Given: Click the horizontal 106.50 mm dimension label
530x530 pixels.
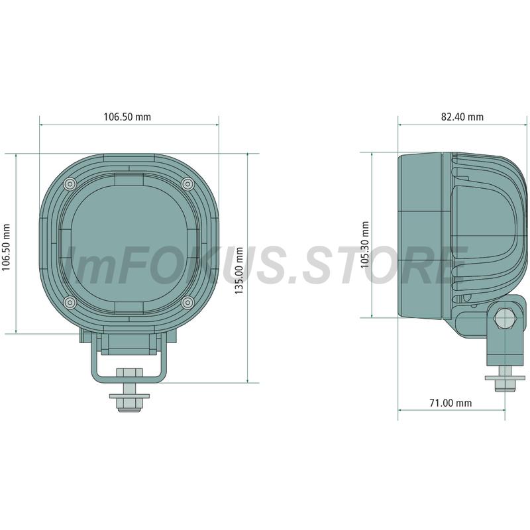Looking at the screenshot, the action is [127, 117].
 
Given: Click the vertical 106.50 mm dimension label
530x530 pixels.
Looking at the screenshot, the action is [7, 247].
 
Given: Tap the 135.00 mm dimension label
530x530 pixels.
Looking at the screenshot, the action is [239, 270].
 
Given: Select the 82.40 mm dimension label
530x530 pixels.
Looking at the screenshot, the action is [462, 117].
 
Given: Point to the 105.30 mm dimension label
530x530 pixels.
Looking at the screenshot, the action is [365, 244].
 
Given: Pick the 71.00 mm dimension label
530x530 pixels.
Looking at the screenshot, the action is [450, 403].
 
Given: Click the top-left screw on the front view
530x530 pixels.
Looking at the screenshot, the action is [70, 184].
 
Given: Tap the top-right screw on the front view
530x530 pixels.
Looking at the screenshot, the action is [188, 184].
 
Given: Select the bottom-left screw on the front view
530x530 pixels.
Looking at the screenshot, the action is [70, 302].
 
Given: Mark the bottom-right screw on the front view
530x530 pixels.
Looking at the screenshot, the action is [187, 302].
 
